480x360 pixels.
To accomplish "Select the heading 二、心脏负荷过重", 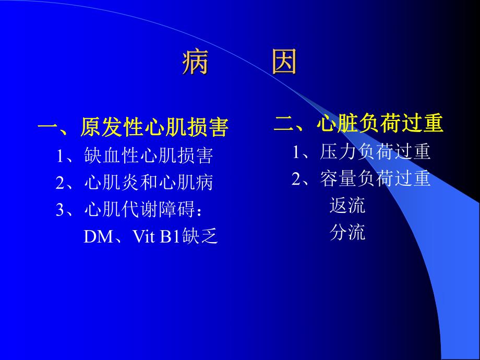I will coord(358,124).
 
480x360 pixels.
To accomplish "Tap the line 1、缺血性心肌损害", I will coord(135,155).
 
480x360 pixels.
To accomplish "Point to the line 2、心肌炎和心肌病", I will coord(135,183).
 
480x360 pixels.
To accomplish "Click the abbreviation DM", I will coord(98,237).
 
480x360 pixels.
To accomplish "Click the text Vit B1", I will coord(155,237).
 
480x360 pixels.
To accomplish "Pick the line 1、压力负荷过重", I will coord(361,152).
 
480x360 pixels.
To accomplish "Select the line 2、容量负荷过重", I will coord(361,179).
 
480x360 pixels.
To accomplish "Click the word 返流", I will coord(347,206).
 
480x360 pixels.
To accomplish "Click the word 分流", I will coord(347,233).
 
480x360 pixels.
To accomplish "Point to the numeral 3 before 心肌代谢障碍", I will coord(59,210).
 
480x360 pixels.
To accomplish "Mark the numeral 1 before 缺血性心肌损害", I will coord(60,156).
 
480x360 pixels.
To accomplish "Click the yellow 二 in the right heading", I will coord(283,124).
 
